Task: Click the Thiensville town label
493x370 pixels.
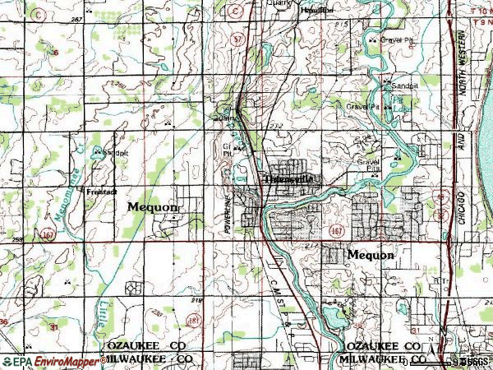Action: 289,178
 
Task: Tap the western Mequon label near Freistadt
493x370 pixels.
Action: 153,207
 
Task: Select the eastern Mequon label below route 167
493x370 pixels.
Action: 371,255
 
